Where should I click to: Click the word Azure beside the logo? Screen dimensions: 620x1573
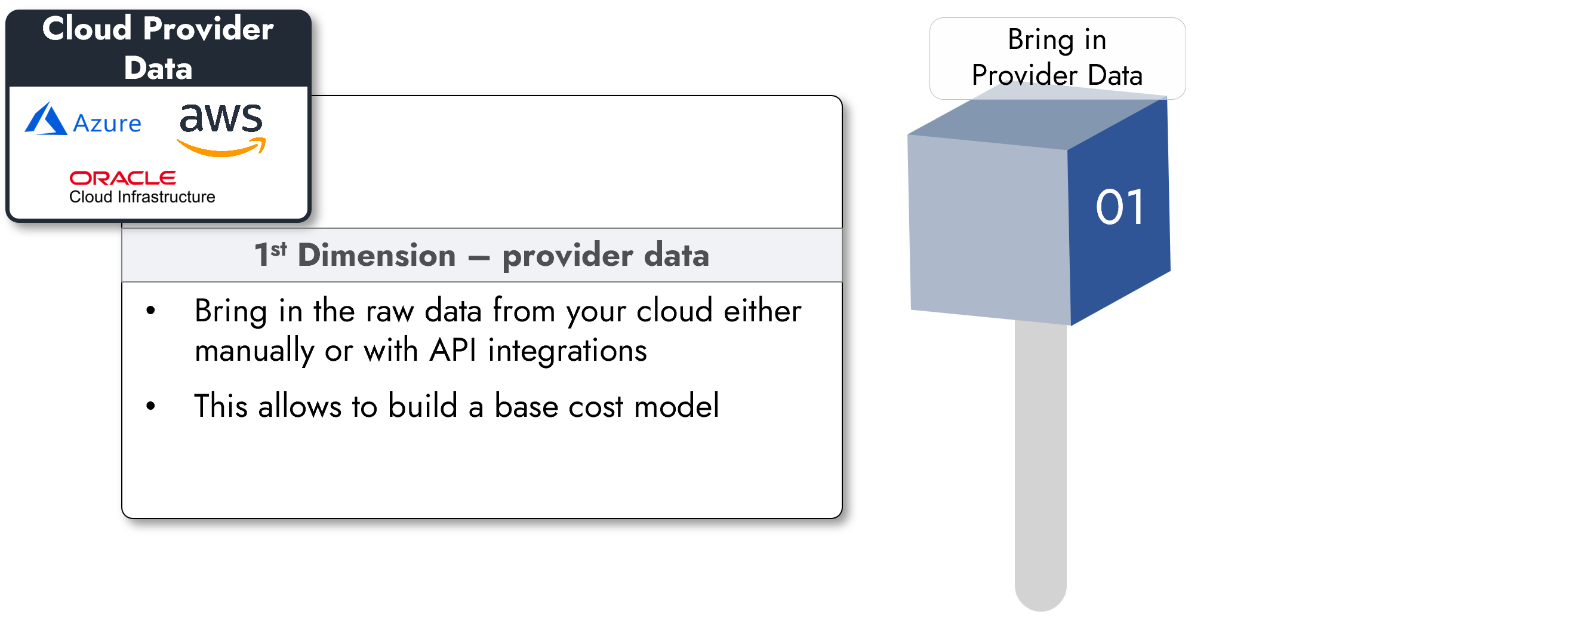click(107, 124)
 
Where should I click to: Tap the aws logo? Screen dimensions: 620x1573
click(221, 128)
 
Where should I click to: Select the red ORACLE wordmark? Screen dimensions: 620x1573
click(123, 178)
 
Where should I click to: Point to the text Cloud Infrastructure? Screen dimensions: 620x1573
click(141, 197)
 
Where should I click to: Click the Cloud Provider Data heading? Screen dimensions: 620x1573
click(158, 48)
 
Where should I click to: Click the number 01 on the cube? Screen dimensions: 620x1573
click(1119, 208)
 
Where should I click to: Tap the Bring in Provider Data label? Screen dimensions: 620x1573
click(1057, 57)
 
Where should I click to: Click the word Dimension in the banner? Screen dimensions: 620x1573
click(377, 255)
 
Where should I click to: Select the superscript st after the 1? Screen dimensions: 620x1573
click(278, 249)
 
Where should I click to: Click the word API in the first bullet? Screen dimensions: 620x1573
click(452, 351)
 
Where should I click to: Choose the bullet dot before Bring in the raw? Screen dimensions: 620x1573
click(151, 312)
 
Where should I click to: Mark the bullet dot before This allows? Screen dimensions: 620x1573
click(151, 406)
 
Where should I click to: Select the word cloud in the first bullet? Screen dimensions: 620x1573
click(674, 311)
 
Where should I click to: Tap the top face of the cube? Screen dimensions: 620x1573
click(1038, 119)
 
